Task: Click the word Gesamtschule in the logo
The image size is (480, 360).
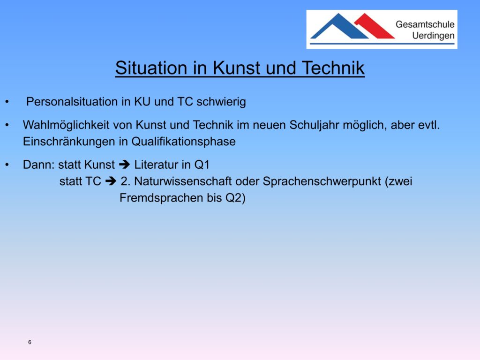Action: coord(425,24)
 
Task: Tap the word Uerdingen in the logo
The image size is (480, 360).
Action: coord(433,36)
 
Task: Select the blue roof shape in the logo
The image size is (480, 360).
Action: coord(339,26)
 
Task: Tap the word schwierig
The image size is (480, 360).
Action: coord(221,102)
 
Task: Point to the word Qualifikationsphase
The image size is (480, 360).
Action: coord(183,142)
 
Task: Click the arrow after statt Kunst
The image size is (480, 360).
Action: coord(124,165)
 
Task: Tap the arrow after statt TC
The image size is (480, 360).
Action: coord(111,181)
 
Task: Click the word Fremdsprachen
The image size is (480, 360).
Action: coord(161,198)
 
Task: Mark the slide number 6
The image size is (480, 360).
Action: coord(30,342)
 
